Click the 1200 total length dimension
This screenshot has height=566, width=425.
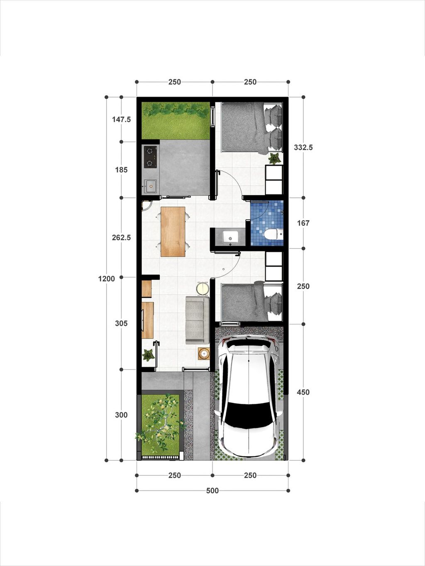(107, 279)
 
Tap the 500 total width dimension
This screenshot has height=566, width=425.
(212, 491)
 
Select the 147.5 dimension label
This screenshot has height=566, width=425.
(121, 119)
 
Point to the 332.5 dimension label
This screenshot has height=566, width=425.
(303, 148)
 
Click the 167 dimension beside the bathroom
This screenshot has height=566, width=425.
(303, 223)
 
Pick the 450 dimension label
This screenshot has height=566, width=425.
(303, 392)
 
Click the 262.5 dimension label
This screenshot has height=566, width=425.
(121, 238)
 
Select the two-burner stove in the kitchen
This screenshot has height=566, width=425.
(150, 157)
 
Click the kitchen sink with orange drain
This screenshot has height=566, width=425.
(150, 186)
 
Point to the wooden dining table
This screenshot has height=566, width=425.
(173, 231)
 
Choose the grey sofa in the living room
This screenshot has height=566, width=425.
(197, 320)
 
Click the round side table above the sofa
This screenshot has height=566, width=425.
(203, 289)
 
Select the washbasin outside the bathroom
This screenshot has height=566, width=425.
(230, 236)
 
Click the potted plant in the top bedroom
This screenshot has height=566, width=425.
(275, 158)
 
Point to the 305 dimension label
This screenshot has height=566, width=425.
(121, 323)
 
